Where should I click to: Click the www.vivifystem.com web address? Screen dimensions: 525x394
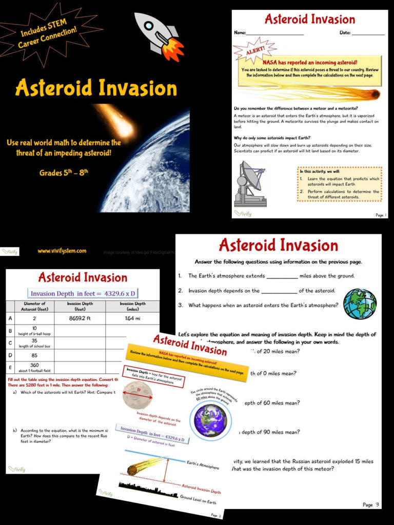[x=62, y=251]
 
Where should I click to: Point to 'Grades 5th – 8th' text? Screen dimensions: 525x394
[x=64, y=172]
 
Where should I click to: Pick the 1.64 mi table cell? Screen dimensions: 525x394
[x=132, y=318]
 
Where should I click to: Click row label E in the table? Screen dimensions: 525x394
[x=10, y=367]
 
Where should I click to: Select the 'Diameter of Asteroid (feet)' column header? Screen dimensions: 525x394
[x=35, y=306]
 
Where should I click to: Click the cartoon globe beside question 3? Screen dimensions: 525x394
[x=360, y=304]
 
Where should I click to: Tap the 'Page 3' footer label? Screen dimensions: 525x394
[x=370, y=504]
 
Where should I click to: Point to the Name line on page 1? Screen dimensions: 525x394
[x=274, y=33]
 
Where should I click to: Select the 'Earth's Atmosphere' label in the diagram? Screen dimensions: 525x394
[x=203, y=465]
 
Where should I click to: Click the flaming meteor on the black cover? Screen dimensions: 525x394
[x=115, y=120]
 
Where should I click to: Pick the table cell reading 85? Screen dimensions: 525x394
[x=34, y=354]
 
